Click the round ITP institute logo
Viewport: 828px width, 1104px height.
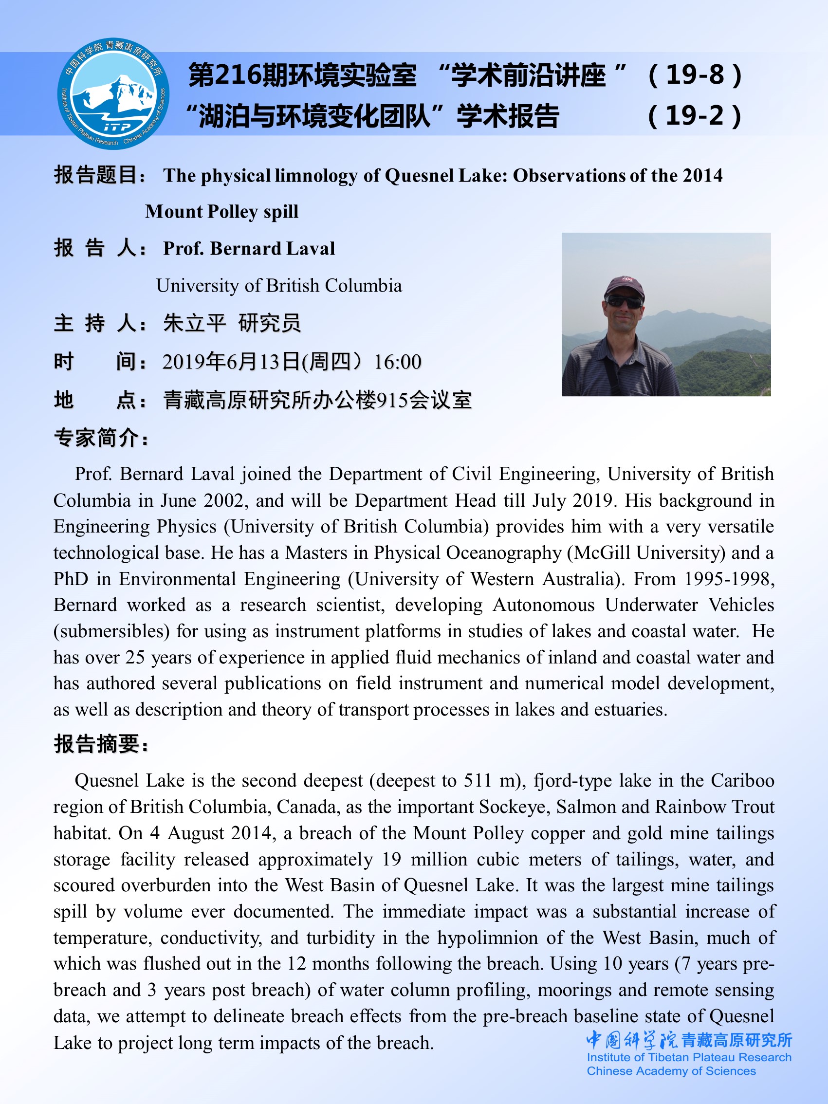pyautogui.click(x=113, y=93)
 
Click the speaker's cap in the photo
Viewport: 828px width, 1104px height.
pyautogui.click(x=624, y=286)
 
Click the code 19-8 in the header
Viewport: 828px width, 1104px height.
pyautogui.click(x=695, y=75)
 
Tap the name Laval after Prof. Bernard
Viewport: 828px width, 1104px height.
pyautogui.click(x=313, y=249)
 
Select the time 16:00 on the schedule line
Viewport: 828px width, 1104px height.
pyautogui.click(x=398, y=362)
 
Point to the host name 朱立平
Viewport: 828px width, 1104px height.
pyautogui.click(x=195, y=323)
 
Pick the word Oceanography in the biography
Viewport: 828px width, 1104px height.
pyautogui.click(x=504, y=553)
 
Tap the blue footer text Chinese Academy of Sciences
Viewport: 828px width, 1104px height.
pyautogui.click(x=671, y=1070)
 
